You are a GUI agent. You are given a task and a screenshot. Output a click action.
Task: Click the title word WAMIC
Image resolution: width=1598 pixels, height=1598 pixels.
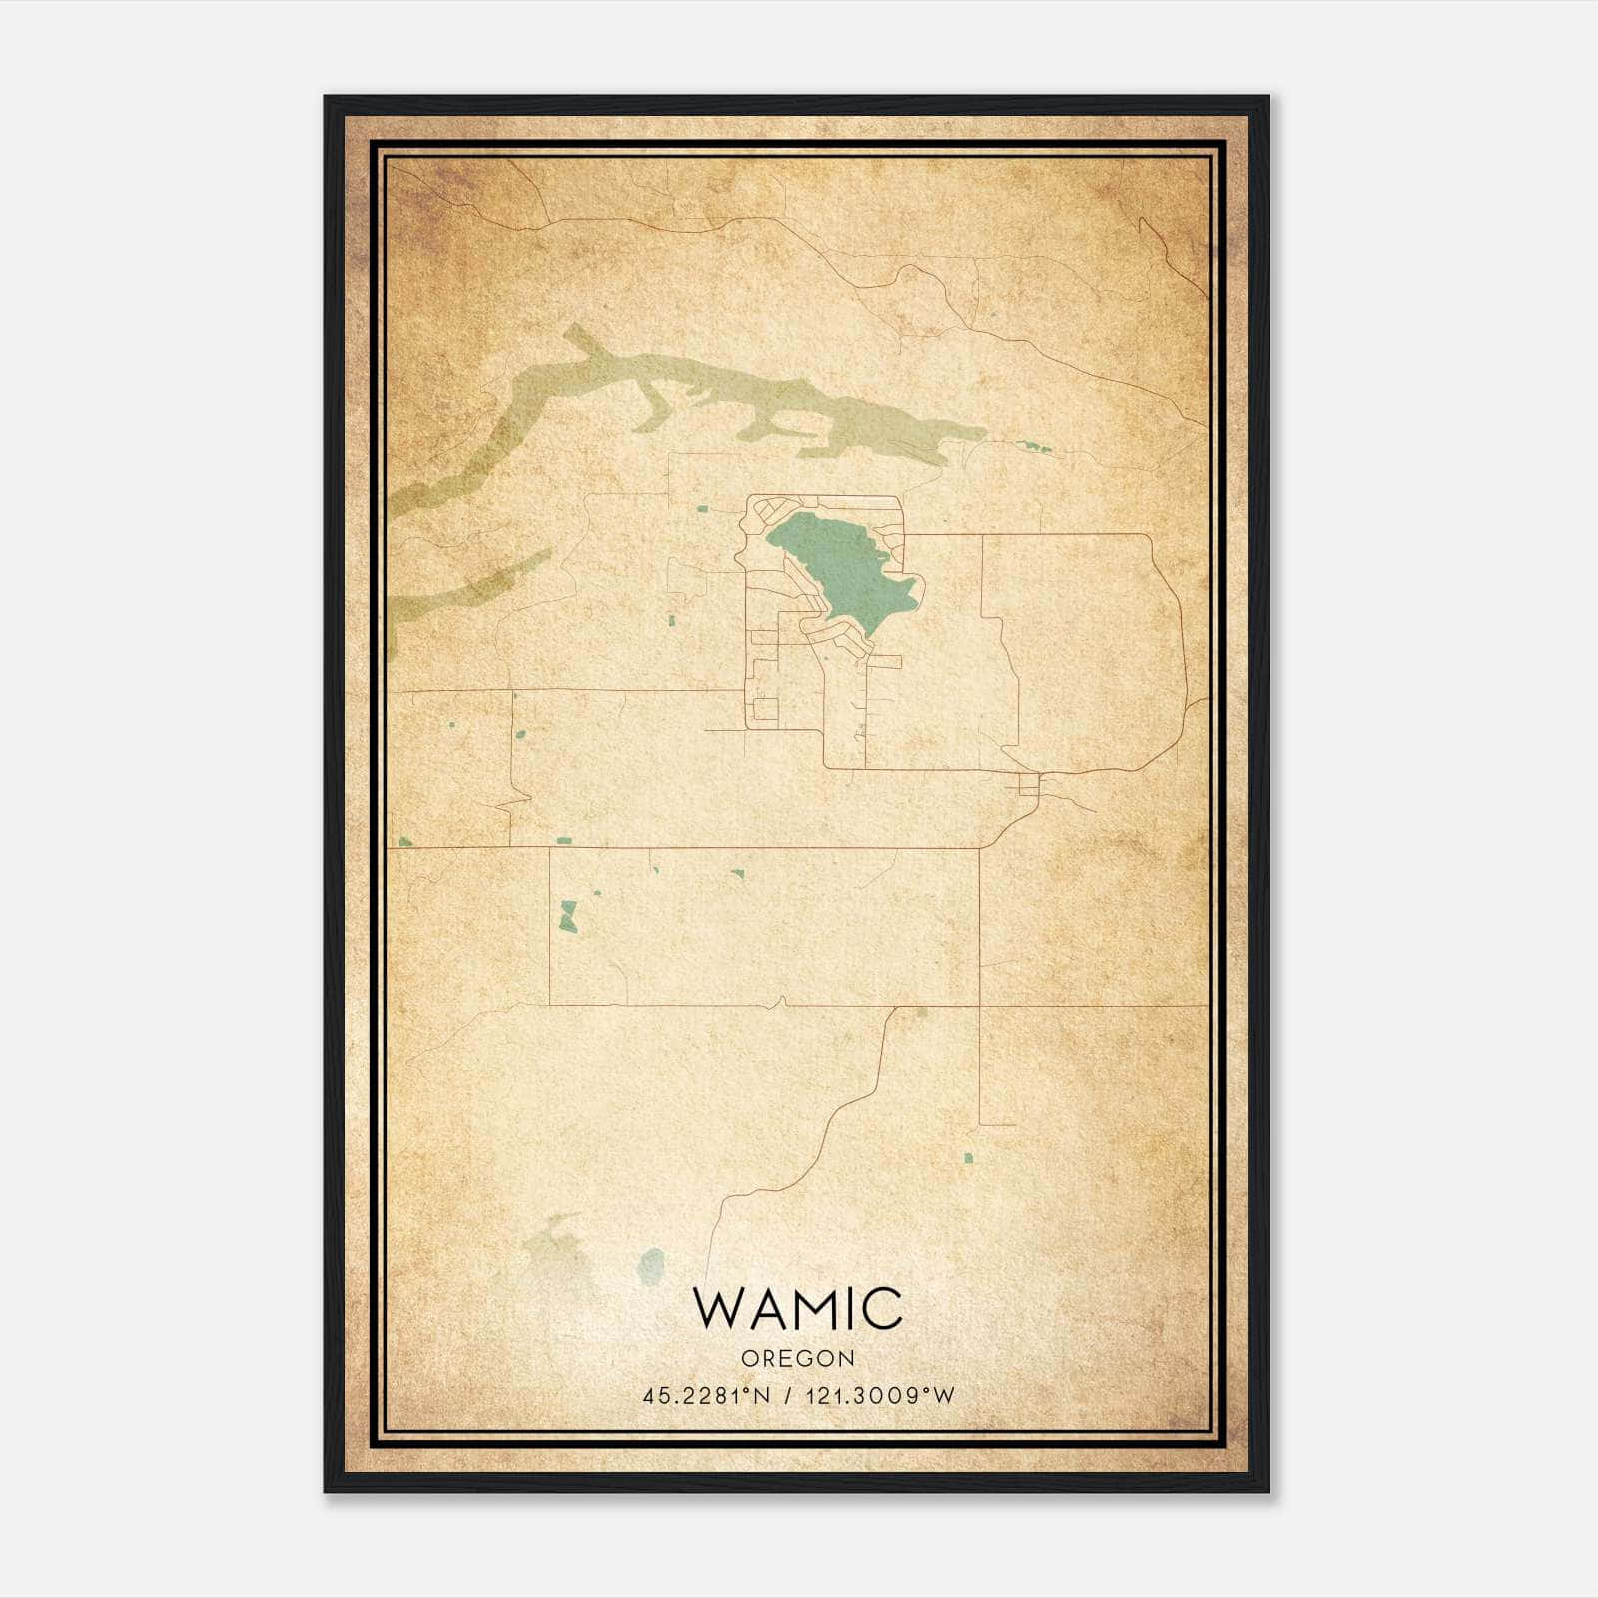[x=798, y=1309]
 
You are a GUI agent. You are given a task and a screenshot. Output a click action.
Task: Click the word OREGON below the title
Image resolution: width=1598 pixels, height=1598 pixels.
[x=798, y=1358]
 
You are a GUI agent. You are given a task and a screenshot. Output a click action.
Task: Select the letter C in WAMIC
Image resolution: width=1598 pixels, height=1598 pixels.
[x=882, y=1309]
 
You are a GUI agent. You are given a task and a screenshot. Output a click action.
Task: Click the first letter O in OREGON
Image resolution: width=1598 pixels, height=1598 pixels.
[x=749, y=1358]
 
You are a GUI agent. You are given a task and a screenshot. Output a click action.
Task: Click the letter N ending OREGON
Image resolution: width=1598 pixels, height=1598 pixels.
[x=847, y=1358]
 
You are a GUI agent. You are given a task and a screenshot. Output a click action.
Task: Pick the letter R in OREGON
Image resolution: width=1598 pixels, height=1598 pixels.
[x=769, y=1358]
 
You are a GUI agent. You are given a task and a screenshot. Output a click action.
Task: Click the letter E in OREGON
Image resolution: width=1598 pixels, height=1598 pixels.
[x=787, y=1358]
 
